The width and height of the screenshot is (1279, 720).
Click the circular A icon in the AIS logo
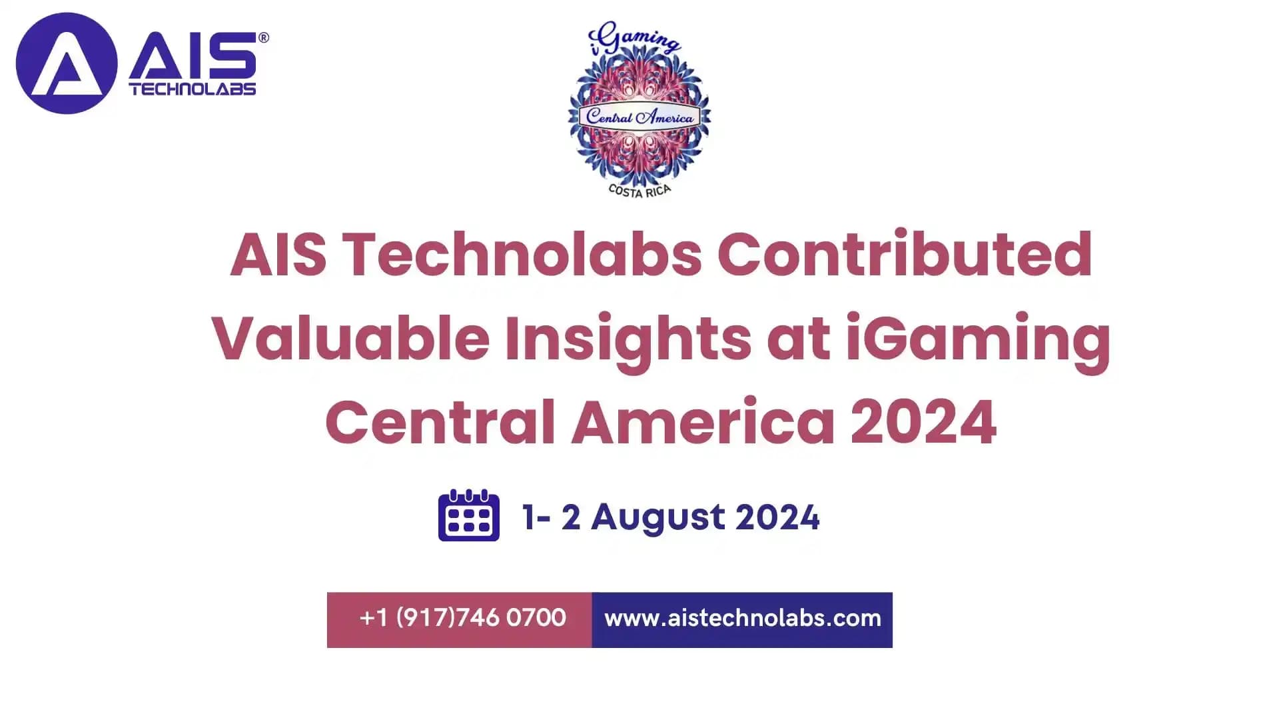67,63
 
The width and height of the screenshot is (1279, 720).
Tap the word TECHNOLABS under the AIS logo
193,89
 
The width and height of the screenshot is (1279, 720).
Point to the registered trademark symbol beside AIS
264,38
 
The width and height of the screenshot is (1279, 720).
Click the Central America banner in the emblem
639,117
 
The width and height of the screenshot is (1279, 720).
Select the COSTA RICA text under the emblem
639,191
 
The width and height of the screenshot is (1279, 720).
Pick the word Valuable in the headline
350,338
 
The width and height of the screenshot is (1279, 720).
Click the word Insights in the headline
628,338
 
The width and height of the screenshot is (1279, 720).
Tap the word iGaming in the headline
978,338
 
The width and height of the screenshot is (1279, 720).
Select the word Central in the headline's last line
440,422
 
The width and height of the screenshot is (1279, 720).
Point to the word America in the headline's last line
703,422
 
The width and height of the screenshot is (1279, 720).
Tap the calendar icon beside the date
468,515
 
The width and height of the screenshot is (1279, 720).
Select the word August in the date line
657,517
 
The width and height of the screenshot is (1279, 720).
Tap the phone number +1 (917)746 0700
462,618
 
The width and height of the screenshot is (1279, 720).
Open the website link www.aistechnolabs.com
742,618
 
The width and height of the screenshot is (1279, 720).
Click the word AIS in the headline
278,254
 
